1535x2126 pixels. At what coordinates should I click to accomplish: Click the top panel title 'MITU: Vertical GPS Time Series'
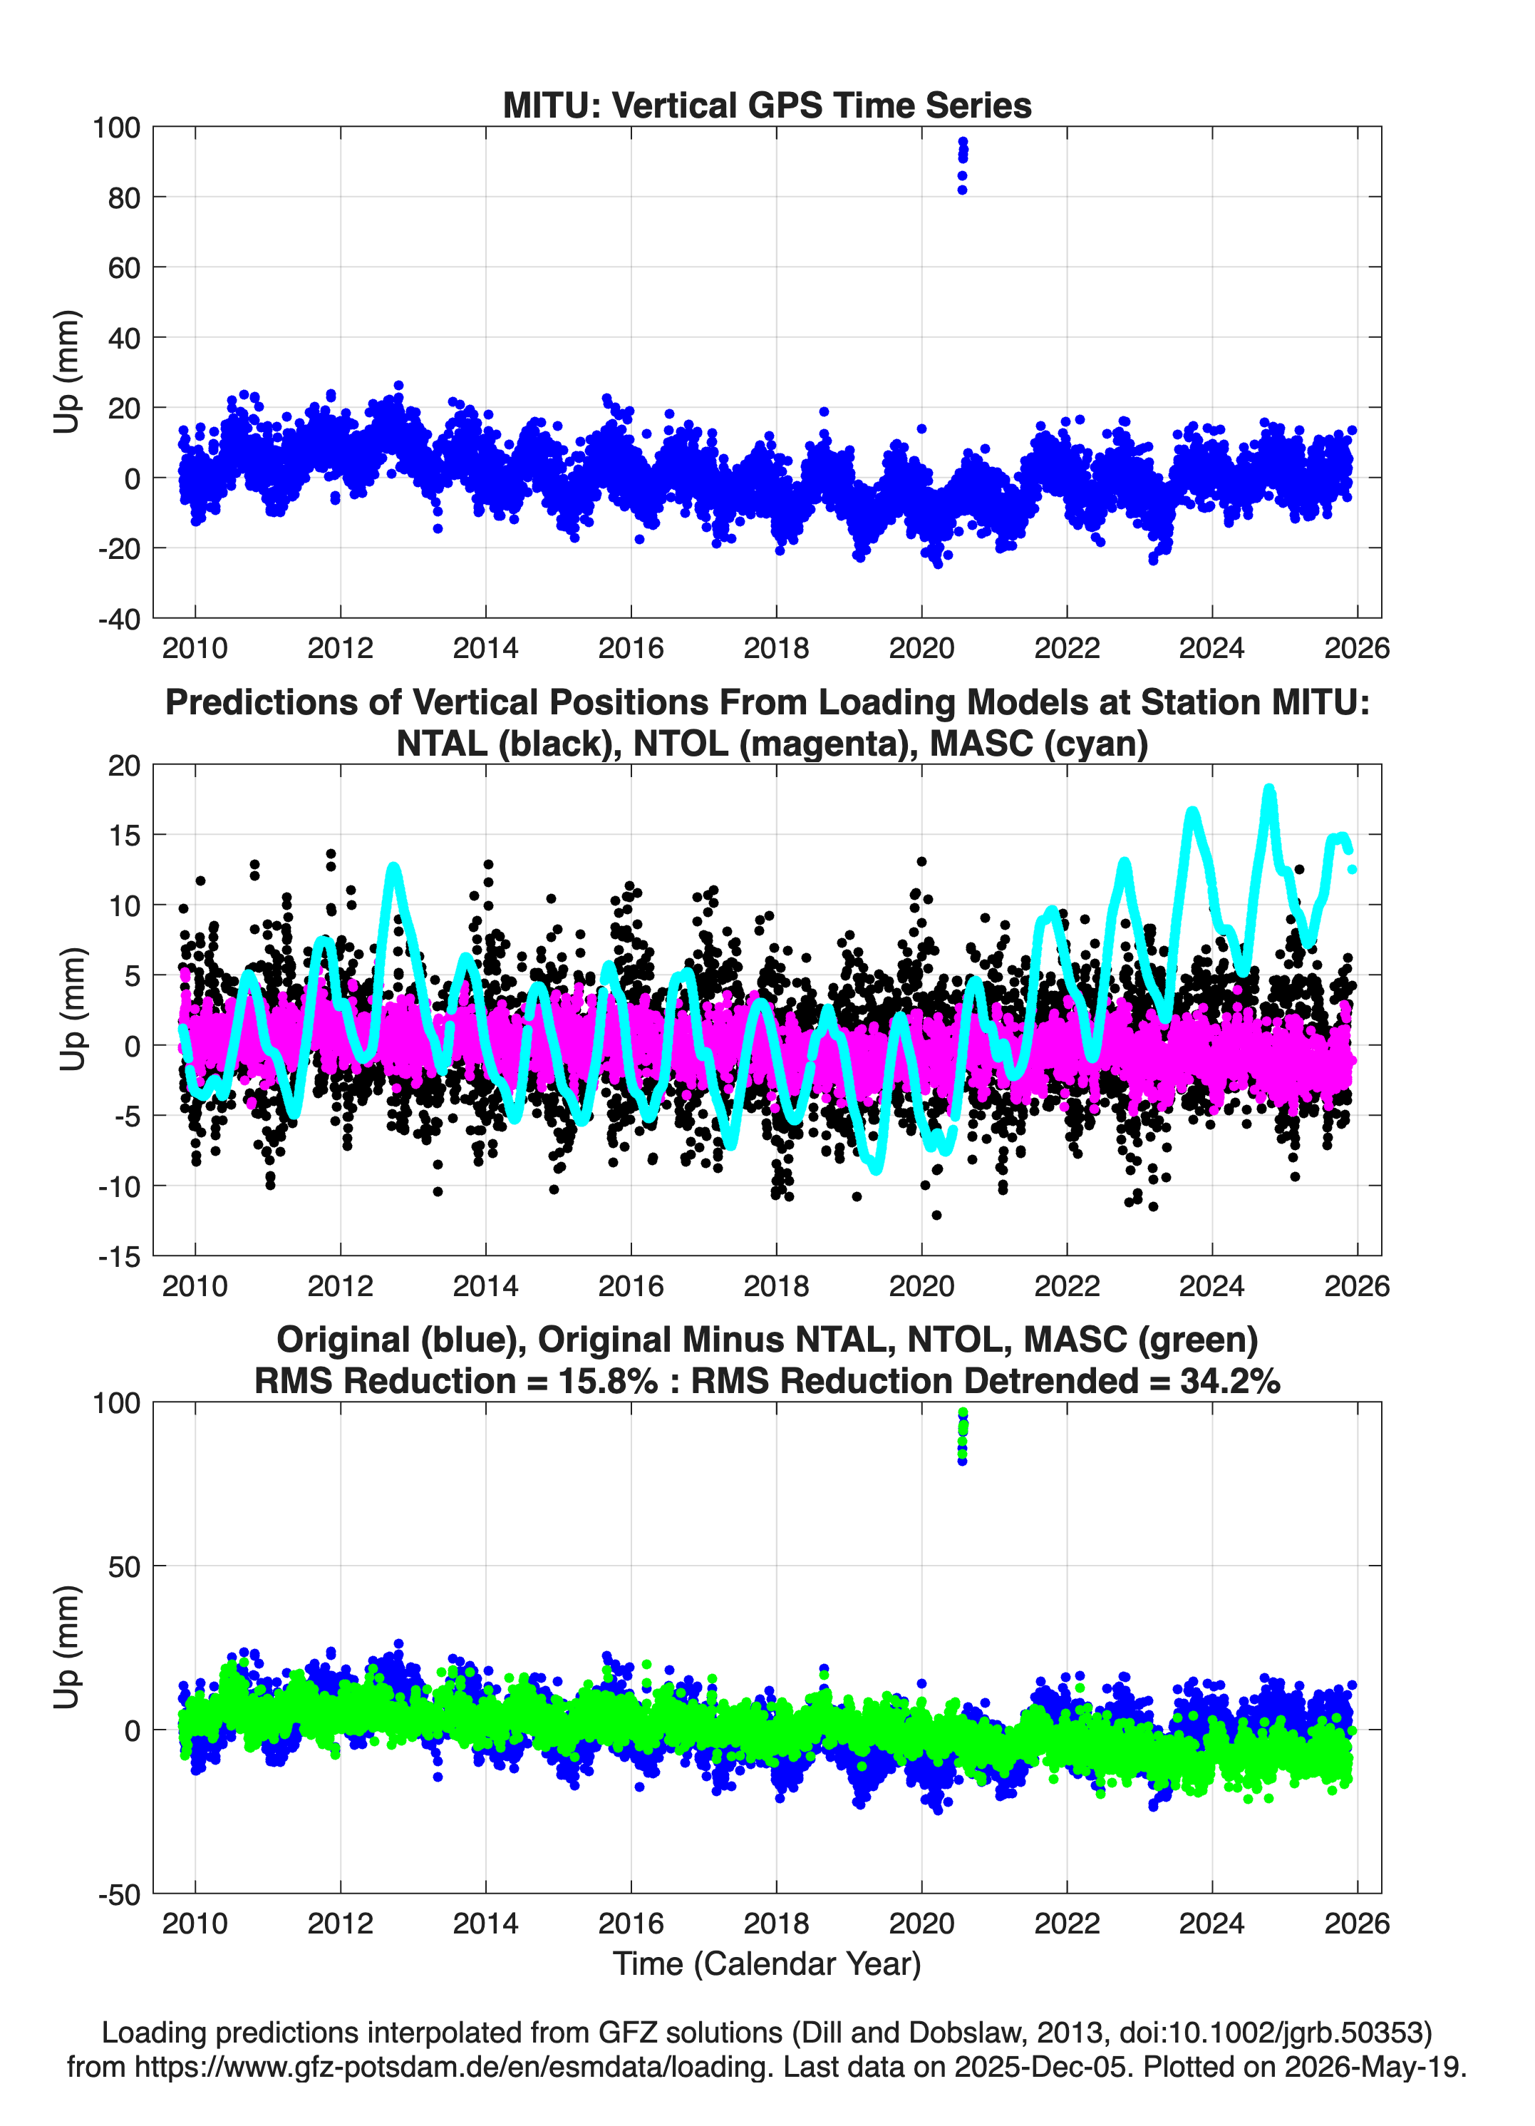click(767, 105)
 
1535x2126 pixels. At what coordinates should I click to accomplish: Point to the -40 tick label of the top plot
click(118, 619)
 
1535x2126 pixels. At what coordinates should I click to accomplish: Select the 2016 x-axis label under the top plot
click(631, 648)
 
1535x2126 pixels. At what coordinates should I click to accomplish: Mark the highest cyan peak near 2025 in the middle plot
click(1270, 790)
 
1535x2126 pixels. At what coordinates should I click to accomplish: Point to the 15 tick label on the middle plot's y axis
click(124, 836)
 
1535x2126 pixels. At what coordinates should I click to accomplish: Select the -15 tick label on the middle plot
click(118, 1257)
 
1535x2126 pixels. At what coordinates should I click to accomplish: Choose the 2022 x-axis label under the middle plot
click(1066, 1285)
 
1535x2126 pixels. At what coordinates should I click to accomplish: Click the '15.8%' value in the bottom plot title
click(604, 1381)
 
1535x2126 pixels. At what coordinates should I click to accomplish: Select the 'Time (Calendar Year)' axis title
click(767, 1963)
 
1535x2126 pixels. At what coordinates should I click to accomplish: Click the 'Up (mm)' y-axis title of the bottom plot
click(66, 1647)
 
